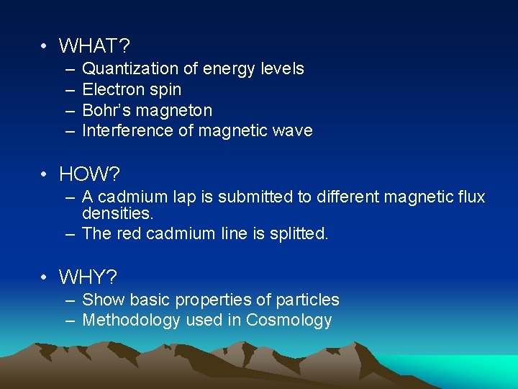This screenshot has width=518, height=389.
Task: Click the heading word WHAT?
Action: tap(94, 46)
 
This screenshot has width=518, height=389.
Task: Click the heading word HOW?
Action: tap(89, 174)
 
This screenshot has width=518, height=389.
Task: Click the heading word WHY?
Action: tap(88, 277)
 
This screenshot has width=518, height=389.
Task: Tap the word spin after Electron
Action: tap(166, 90)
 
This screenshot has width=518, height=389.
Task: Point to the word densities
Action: tap(117, 214)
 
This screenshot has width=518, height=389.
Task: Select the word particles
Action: tap(307, 300)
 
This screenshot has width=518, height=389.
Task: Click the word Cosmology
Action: tap(289, 320)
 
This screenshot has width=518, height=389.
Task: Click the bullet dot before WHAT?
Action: tap(45, 46)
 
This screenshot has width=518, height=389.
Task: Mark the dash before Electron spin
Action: tap(69, 90)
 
